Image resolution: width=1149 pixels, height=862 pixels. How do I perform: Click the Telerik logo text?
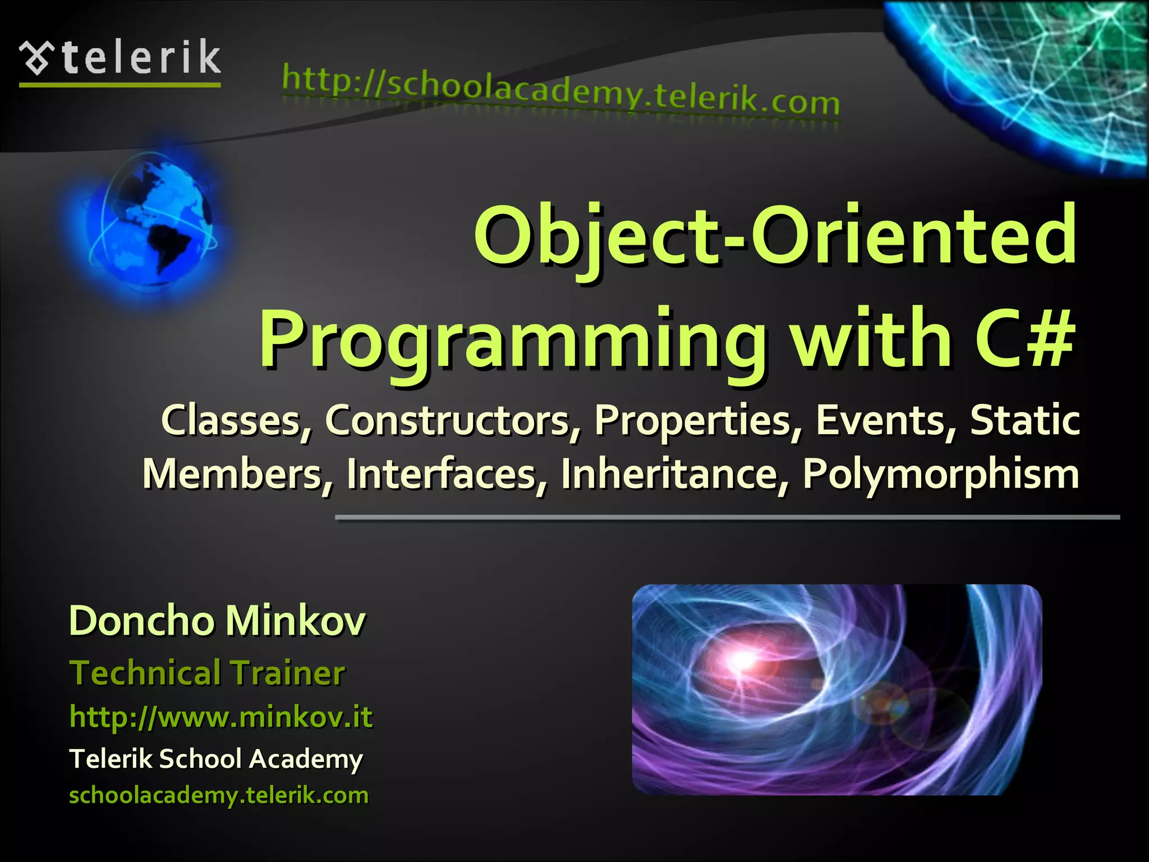pyautogui.click(x=141, y=58)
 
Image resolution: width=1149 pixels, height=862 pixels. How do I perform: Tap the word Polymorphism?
pyautogui.click(x=940, y=475)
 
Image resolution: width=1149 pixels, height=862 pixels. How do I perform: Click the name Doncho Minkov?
pyautogui.click(x=217, y=621)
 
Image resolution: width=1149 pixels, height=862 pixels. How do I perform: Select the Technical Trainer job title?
pyautogui.click(x=206, y=673)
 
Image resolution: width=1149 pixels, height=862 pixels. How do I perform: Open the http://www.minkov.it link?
pyautogui.click(x=220, y=717)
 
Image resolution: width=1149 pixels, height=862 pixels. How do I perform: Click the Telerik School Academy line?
pyautogui.click(x=216, y=759)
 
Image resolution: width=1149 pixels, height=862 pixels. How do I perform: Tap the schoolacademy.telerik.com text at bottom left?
pyautogui.click(x=219, y=795)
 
